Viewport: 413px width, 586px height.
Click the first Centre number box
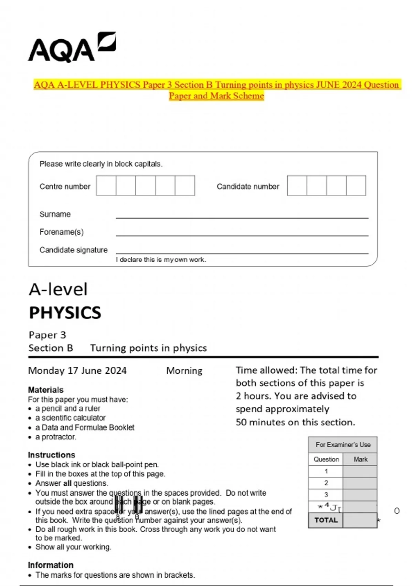pyautogui.click(x=106, y=186)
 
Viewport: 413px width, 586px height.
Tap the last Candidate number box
pyautogui.click(x=356, y=186)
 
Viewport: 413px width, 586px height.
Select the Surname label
pyautogui.click(x=55, y=214)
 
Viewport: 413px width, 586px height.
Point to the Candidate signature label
pyautogui.click(x=73, y=250)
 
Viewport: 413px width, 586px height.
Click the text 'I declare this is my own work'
pyautogui.click(x=161, y=260)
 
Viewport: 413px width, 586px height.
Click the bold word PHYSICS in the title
pyautogui.click(x=65, y=313)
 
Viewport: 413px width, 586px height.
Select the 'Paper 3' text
pyautogui.click(x=47, y=335)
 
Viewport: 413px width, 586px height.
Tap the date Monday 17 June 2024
pyautogui.click(x=77, y=371)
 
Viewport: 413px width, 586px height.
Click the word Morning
pyautogui.click(x=184, y=371)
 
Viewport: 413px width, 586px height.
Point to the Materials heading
pyautogui.click(x=46, y=390)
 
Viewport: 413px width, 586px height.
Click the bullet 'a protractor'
pyautogui.click(x=55, y=437)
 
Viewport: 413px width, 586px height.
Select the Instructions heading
pyautogui.click(x=52, y=455)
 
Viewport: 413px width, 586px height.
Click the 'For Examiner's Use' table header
pyautogui.click(x=343, y=445)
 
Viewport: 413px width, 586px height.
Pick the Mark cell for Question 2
pyautogui.click(x=360, y=483)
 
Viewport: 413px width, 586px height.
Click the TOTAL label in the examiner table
pyautogui.click(x=326, y=520)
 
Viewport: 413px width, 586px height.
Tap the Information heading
pyautogui.click(x=51, y=565)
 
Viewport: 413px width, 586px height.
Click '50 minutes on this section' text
pyautogui.click(x=295, y=422)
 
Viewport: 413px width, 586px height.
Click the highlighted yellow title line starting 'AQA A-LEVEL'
pyautogui.click(x=216, y=85)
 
